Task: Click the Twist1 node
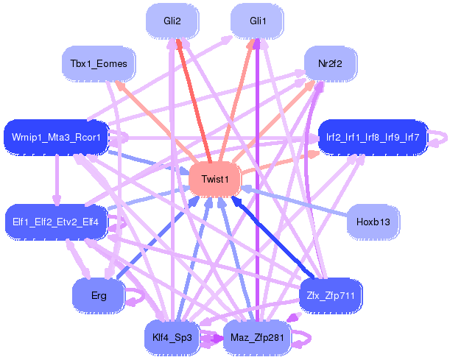pyautogui.click(x=215, y=180)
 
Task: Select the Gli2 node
pyautogui.click(x=172, y=21)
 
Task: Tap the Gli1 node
pyautogui.click(x=258, y=21)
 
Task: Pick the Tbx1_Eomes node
pyautogui.click(x=99, y=63)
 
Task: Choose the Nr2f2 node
pyautogui.click(x=331, y=63)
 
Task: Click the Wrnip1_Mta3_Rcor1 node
pyautogui.click(x=56, y=138)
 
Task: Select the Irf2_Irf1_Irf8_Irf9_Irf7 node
pyautogui.click(x=373, y=138)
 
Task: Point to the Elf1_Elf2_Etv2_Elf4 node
pyautogui.click(x=56, y=222)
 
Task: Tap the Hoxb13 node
pyautogui.click(x=373, y=222)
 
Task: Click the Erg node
pyautogui.click(x=99, y=295)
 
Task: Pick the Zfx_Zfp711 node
pyautogui.click(x=331, y=295)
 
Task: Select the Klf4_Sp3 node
pyautogui.click(x=172, y=338)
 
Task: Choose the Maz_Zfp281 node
pyautogui.click(x=257, y=338)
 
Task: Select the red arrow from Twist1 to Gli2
pyautogui.click(x=194, y=100)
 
